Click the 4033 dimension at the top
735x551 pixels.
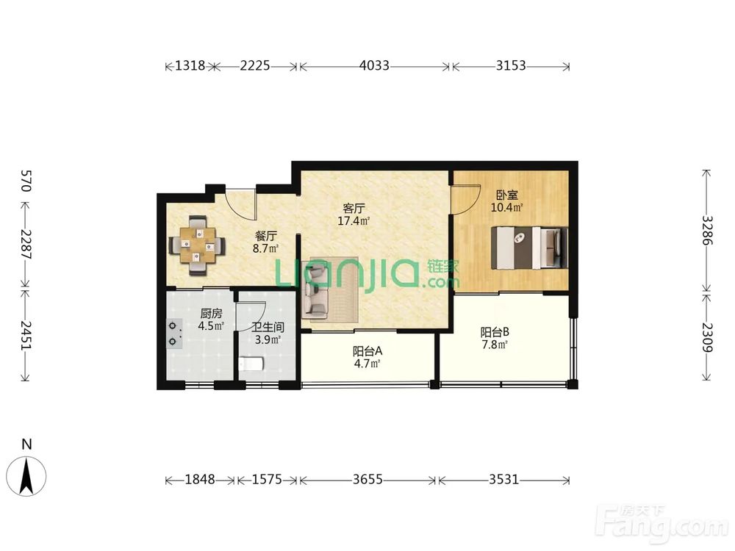coord(374,65)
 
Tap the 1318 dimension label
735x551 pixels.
coord(190,65)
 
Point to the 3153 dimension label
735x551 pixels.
coord(511,65)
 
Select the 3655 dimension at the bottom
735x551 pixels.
coord(367,480)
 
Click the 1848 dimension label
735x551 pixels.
coord(200,480)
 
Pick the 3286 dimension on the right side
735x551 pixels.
coord(707,231)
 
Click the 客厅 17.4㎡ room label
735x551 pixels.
coord(354,215)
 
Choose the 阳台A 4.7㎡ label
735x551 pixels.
coord(367,357)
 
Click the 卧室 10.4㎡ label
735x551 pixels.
coord(506,201)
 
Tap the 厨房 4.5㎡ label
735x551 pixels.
coord(210,320)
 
